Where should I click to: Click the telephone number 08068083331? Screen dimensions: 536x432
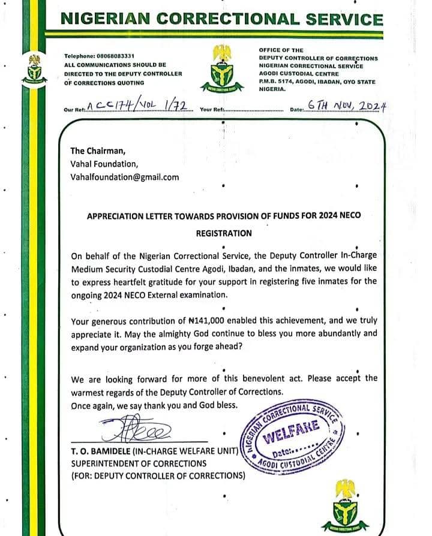[122, 56]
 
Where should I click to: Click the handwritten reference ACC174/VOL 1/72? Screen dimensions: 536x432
[139, 107]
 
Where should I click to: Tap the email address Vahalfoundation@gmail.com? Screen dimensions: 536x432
[125, 177]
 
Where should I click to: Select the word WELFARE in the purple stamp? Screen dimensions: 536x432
[298, 432]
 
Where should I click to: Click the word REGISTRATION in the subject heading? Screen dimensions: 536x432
[224, 232]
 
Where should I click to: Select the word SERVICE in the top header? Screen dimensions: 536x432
[340, 19]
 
